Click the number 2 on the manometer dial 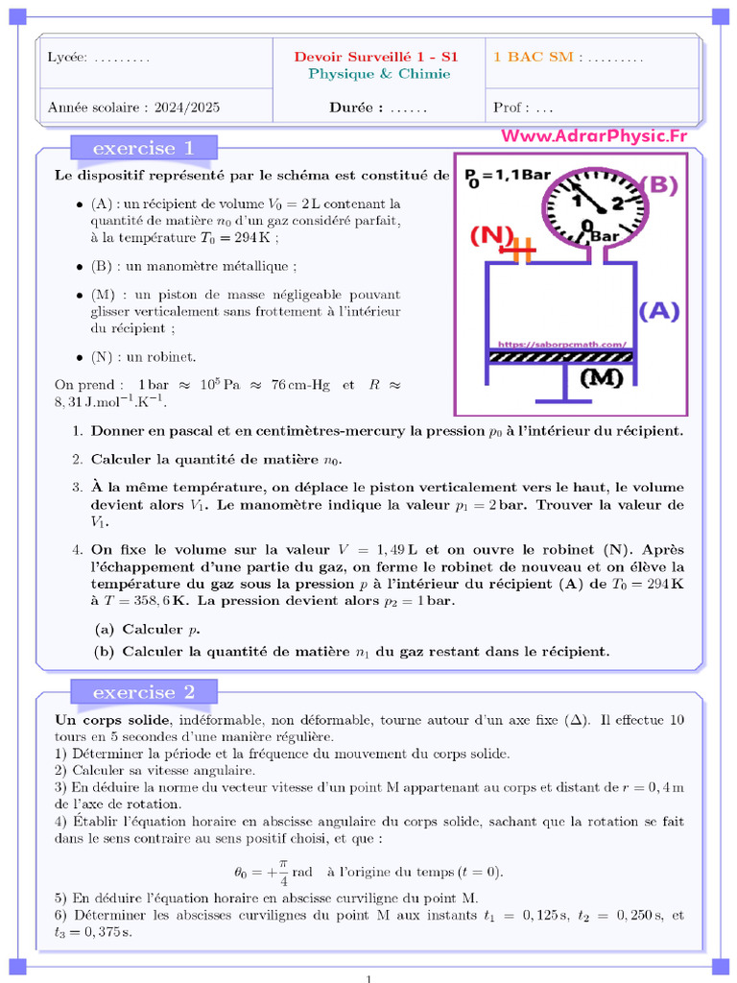coord(617,203)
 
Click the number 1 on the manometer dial coord(578,201)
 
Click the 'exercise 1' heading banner coord(143,148)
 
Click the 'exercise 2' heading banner coord(143,692)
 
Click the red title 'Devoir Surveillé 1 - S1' coord(376,57)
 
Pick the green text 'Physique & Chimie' coord(379,74)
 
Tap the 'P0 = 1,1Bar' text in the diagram coord(507,176)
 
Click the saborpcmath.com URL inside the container coord(562,343)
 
